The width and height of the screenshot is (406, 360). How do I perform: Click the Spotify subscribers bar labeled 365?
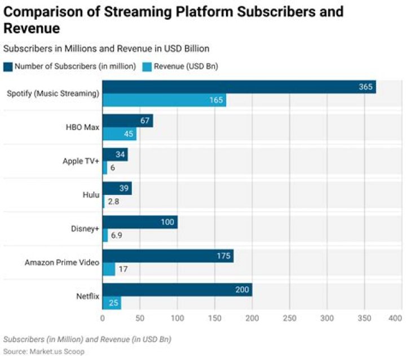pos(239,87)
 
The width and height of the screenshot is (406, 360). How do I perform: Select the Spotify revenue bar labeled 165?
pos(164,100)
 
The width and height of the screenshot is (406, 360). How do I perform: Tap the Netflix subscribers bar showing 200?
pos(177,290)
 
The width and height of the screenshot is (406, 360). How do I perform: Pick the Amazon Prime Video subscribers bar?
pos(167,256)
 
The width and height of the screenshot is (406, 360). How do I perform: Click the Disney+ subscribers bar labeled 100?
pos(140,222)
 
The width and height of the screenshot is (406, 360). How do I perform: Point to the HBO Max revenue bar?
pos(119,134)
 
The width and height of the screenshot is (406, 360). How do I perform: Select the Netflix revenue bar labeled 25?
pos(112,303)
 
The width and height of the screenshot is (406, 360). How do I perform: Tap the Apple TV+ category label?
pos(81,161)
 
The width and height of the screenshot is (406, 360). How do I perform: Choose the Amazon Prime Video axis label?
pos(62,263)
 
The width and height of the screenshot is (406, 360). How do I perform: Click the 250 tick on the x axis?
pos(289,318)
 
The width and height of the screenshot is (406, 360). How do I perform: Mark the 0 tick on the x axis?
pos(103,318)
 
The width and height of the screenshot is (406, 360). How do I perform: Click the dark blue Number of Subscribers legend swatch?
pos(8,66)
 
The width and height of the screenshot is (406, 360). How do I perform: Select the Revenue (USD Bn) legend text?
pos(186,66)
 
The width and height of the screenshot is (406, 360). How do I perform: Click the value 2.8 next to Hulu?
pos(114,201)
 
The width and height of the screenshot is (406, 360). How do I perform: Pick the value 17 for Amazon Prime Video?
pos(123,269)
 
